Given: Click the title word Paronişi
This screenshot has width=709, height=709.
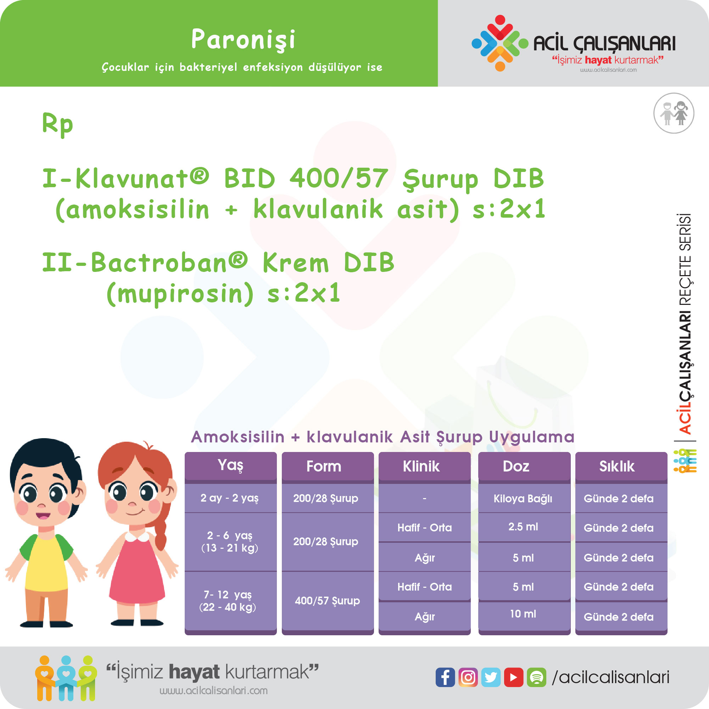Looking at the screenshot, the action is tap(243, 40).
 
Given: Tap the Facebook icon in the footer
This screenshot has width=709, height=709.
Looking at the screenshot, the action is tap(445, 677).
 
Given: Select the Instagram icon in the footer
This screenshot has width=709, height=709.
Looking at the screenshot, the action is tap(468, 677).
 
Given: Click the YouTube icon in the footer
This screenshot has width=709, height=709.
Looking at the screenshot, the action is tap(513, 677).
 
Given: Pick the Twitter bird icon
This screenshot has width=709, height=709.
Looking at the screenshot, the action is tap(491, 677).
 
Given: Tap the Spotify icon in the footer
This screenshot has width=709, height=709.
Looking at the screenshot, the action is tap(536, 677).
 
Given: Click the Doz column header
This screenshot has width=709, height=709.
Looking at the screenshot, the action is tap(524, 466).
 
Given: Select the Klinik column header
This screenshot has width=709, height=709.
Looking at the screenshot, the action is tap(424, 466).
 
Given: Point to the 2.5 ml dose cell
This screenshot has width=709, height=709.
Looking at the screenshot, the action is tap(524, 527).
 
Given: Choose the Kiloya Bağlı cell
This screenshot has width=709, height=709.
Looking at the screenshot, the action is tap(524, 498).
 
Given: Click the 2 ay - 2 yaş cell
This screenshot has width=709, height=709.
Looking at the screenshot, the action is tap(230, 498).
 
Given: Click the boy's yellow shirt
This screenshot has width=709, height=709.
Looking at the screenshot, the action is tap(46, 561).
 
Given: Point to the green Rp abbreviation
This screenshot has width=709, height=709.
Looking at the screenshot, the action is tap(58, 124).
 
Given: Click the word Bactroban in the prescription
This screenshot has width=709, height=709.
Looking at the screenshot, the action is tap(159, 263).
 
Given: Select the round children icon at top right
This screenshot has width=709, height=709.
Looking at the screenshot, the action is tap(674, 113).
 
